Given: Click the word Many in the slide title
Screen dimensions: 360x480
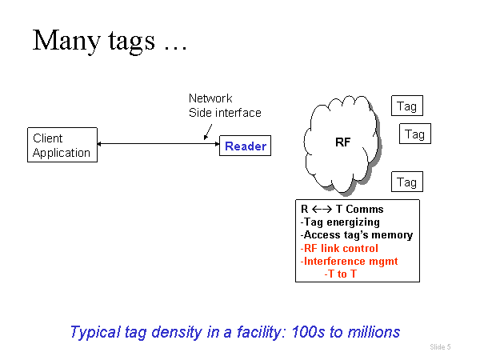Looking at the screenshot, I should [62, 40].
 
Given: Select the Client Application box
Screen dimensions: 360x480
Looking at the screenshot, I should [62, 145].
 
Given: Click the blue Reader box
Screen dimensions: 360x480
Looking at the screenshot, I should [244, 146].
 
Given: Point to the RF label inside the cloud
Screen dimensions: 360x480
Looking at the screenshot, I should [342, 142].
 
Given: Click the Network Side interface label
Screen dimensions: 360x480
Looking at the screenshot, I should [225, 106].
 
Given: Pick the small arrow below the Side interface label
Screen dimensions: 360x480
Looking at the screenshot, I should [209, 130].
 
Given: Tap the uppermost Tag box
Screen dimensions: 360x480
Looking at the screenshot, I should [406, 106].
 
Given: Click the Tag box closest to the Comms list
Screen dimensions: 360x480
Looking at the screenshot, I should [406, 182].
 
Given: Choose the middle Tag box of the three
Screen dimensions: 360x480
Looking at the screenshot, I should [414, 134].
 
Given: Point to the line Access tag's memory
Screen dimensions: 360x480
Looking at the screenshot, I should [357, 235].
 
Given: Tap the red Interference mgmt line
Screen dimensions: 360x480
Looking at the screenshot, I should [349, 261].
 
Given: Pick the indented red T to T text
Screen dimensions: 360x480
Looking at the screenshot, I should [340, 274].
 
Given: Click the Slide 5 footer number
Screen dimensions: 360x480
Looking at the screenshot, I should [440, 346].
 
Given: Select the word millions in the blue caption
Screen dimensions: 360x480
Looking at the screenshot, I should [371, 330].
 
